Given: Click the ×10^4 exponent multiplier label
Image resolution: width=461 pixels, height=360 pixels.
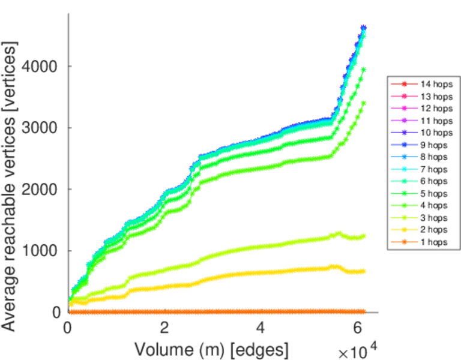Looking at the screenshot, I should point(359,350).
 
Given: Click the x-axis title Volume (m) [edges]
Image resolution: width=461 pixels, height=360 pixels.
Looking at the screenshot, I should point(211,349).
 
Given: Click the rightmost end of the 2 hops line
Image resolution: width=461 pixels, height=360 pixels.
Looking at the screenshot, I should point(363,271).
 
